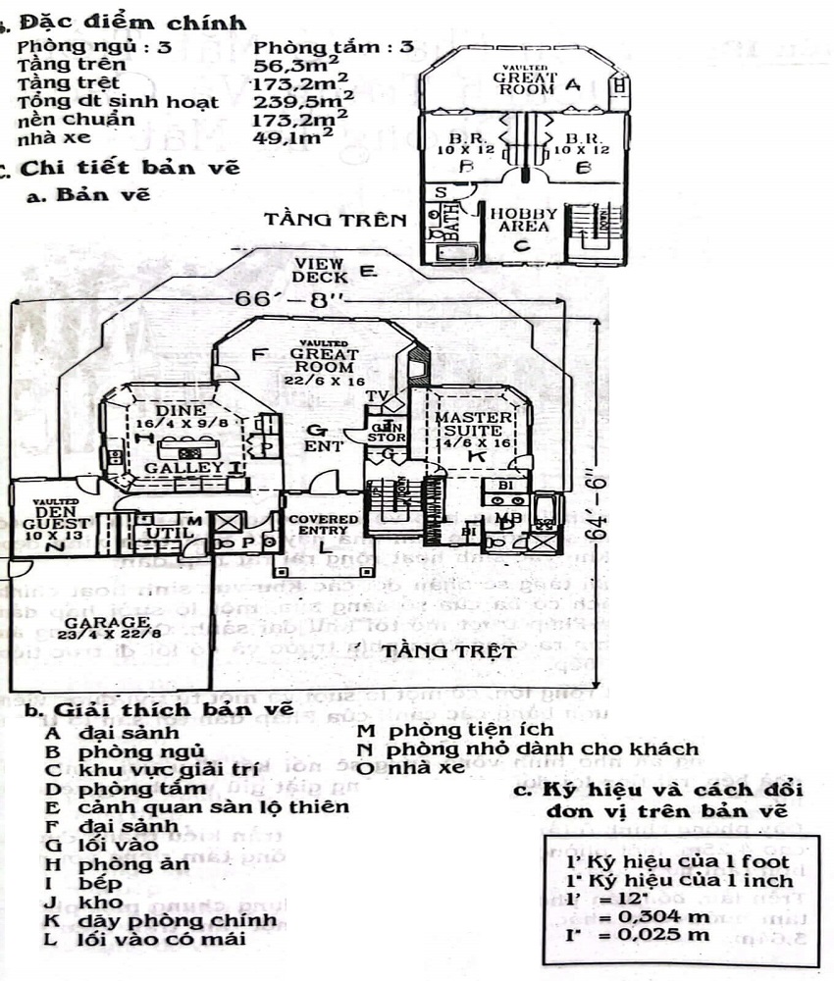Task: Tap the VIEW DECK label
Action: tap(322, 271)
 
